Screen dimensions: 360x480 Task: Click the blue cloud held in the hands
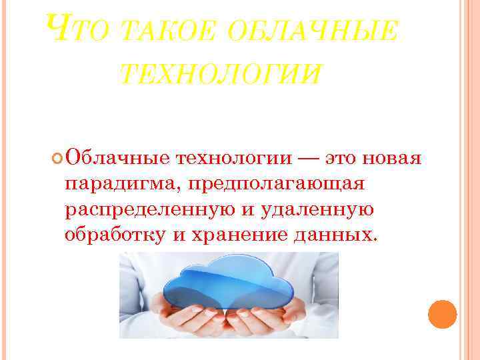pos(229,281)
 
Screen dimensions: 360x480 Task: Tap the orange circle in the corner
pos(442,313)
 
